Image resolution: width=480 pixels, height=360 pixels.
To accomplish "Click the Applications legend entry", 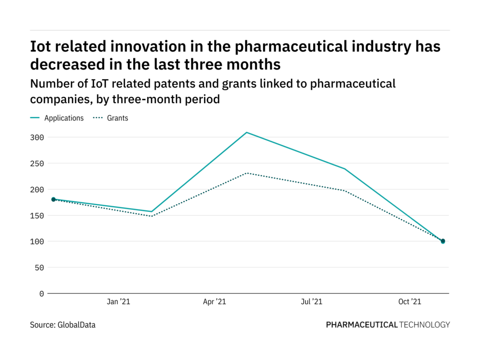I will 64,118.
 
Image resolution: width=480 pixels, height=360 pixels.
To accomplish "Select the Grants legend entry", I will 118,118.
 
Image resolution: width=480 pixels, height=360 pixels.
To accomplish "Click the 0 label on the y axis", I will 42,293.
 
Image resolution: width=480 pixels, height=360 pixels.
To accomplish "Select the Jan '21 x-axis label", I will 118,302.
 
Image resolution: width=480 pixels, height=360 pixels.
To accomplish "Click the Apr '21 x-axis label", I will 215,302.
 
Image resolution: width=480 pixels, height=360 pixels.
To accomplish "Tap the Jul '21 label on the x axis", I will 311,302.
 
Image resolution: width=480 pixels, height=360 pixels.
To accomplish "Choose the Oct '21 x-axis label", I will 409,302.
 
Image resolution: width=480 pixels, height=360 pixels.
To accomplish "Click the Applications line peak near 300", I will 247,133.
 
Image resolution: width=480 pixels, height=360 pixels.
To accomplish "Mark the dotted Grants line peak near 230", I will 247,173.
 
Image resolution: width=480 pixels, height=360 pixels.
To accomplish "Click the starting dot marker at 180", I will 53,199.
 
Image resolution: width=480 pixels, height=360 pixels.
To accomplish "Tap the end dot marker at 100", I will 443,241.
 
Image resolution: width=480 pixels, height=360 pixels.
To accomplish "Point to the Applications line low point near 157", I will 151,211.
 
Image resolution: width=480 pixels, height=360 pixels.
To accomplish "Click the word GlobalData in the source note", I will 76,324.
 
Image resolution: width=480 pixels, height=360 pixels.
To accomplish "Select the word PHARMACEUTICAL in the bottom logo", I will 361,324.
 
